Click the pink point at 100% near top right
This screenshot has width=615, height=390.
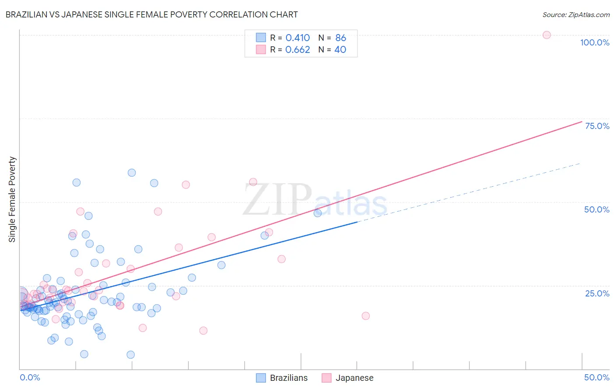pyautogui.click(x=546, y=35)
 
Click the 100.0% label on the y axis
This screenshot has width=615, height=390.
pyautogui.click(x=594, y=42)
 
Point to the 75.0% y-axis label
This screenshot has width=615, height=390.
pyautogui.click(x=597, y=126)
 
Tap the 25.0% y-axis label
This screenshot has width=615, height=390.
pyautogui.click(x=597, y=293)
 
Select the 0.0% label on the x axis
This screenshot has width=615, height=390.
pyautogui.click(x=30, y=377)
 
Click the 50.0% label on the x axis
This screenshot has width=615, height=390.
pyautogui.click(x=597, y=377)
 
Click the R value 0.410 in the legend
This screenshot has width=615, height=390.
pyautogui.click(x=297, y=38)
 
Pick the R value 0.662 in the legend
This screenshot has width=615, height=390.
pyautogui.click(x=297, y=50)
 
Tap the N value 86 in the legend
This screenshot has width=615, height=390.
pyautogui.click(x=341, y=38)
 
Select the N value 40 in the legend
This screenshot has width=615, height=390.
pyautogui.click(x=340, y=50)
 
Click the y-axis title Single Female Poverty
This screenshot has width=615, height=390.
pyautogui.click(x=12, y=199)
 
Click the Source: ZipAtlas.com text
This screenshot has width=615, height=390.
pyautogui.click(x=576, y=15)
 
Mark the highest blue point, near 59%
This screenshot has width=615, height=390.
pyautogui.click(x=132, y=173)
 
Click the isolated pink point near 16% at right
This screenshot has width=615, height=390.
pyautogui.click(x=366, y=316)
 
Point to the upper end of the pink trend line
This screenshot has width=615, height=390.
pyautogui.click(x=581, y=122)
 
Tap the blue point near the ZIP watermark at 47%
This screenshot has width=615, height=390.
pyautogui.click(x=318, y=213)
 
